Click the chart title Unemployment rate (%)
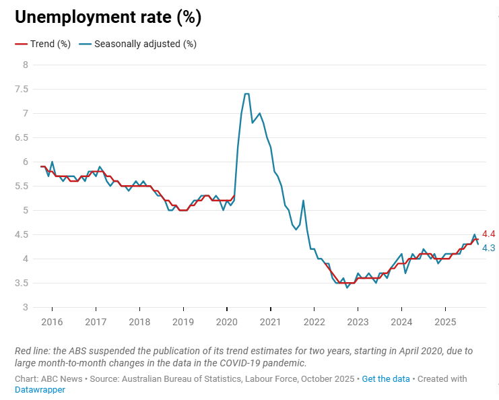click(108, 18)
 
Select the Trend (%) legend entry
click(44, 44)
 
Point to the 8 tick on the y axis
click(26, 65)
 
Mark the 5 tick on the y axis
click(26, 210)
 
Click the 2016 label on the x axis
click(52, 321)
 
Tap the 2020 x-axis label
click(226, 321)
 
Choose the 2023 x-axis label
click(358, 321)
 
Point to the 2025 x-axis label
click(445, 321)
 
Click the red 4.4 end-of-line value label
click(489, 234)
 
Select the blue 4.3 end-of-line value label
click(489, 248)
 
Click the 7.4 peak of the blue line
click(246, 94)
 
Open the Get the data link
click(385, 378)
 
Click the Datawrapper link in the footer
click(40, 389)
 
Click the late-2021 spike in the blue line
click(304, 201)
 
